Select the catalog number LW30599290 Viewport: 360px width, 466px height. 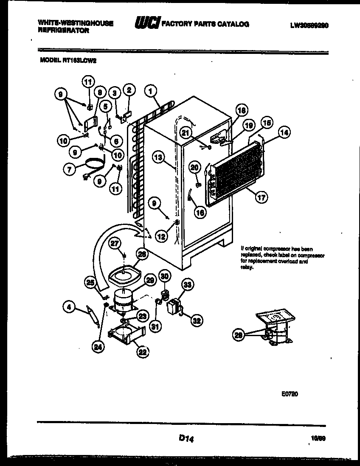[309, 25]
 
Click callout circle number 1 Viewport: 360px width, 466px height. [150, 90]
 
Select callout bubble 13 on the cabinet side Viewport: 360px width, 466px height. [158, 157]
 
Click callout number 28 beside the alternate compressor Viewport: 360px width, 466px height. [239, 335]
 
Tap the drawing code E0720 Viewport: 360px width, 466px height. [290, 394]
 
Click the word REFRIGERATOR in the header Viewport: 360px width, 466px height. [64, 31]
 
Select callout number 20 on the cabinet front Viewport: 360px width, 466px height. [194, 167]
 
